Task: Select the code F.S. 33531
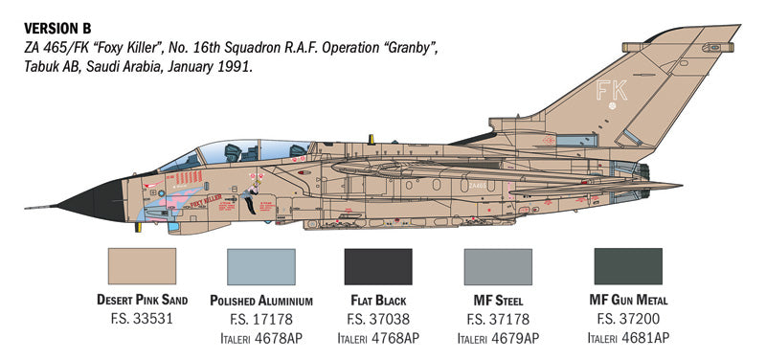(143, 318)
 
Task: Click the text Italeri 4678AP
(260, 337)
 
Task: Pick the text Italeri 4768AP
(378, 337)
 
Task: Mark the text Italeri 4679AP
(497, 337)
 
